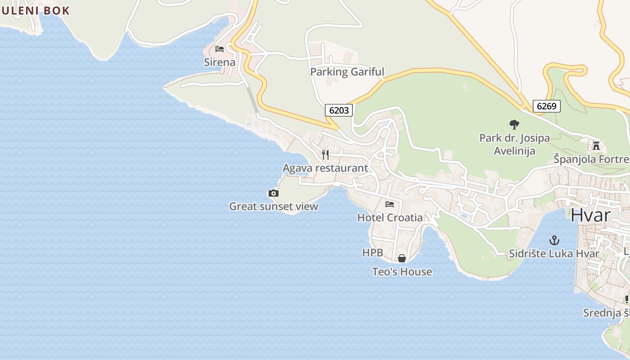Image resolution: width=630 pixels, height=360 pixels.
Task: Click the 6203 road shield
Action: coord(339,110)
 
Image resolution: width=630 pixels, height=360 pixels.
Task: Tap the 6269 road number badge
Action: coord(547,106)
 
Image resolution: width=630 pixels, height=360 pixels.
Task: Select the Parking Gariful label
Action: coord(347,72)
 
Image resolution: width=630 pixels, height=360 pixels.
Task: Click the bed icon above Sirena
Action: coord(220,49)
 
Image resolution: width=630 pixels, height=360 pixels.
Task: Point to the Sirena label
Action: coord(220,62)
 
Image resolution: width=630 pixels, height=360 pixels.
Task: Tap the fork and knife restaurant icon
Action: coord(325,155)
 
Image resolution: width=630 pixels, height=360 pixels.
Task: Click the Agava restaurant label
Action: coord(325,168)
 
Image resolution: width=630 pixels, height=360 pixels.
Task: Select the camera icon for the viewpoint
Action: coord(273,193)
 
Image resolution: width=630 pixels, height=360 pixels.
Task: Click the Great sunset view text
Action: coord(273,207)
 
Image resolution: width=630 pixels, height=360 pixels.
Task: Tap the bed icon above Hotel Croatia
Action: coord(390,204)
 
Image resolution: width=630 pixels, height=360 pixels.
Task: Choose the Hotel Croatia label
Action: coord(390,218)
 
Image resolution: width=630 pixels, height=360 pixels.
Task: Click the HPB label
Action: coord(373,253)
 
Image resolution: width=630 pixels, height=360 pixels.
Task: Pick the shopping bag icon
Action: coord(402,258)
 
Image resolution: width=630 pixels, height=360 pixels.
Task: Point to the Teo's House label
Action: coord(402,272)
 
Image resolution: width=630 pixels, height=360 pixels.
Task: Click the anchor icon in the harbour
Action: coord(554,240)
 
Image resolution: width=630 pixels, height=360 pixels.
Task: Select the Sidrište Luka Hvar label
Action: coord(554,254)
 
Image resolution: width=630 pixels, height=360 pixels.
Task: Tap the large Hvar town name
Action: coord(590,215)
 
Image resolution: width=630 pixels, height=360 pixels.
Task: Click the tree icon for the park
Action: coord(514,125)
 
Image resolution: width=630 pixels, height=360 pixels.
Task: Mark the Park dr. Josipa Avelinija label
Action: coord(514,144)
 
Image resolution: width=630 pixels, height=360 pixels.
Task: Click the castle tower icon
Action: coord(596,145)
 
